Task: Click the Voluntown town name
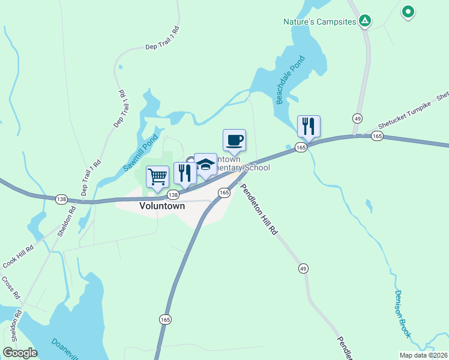tap(162, 205)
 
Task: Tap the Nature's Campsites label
tap(320, 22)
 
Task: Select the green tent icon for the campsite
tap(364, 22)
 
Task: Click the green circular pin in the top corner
tap(408, 11)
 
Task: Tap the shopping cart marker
tap(157, 176)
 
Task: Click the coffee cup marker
tap(234, 140)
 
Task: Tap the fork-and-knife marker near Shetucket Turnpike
tap(309, 127)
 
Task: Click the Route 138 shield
tap(173, 195)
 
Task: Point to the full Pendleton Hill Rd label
tap(260, 208)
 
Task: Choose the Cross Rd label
tap(11, 288)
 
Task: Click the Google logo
tap(20, 352)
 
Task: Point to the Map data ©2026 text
tap(423, 355)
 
